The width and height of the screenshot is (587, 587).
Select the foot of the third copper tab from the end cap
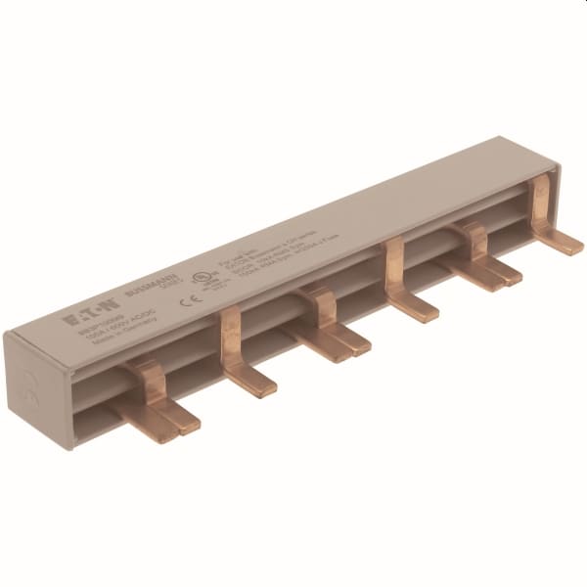pos(338,339)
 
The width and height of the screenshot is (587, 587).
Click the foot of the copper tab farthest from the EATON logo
pos(561,239)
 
